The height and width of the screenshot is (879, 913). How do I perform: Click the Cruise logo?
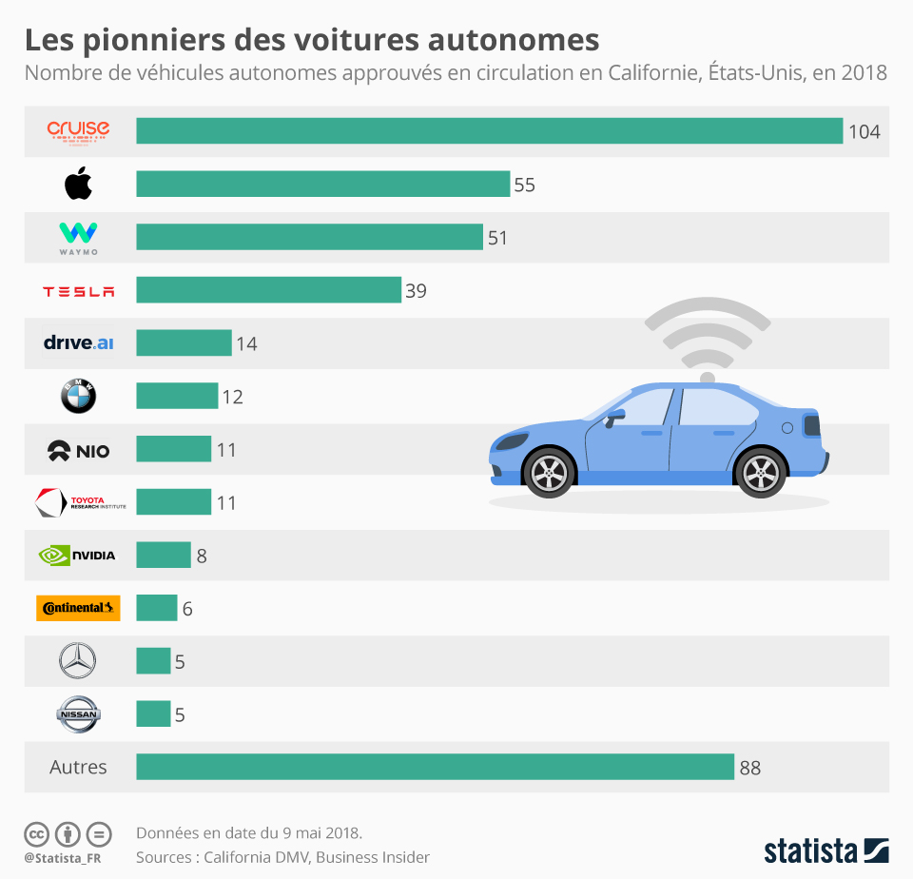(x=78, y=130)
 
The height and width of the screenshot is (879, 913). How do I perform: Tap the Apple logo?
(x=78, y=183)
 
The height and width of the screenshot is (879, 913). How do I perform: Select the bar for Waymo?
(x=309, y=237)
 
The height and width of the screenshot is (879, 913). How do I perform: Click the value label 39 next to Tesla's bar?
(x=416, y=291)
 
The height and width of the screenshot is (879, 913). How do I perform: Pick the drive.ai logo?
(x=78, y=342)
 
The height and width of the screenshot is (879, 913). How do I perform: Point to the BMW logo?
(x=78, y=396)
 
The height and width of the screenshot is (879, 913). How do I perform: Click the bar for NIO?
(x=173, y=449)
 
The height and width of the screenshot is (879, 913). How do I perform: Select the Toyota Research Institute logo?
(x=78, y=502)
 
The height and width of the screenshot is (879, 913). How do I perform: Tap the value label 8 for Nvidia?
(x=202, y=556)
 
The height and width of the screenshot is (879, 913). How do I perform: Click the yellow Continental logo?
(x=78, y=608)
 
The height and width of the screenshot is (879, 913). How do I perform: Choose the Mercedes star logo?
(x=78, y=661)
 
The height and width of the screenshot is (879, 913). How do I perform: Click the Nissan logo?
(x=78, y=714)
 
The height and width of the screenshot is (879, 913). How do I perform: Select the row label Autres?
(x=78, y=767)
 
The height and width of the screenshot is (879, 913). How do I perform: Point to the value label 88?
(x=749, y=768)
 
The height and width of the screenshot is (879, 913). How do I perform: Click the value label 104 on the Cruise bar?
(x=864, y=132)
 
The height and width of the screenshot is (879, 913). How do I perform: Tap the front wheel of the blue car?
(x=549, y=472)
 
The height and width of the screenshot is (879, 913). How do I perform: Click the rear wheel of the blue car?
(x=761, y=472)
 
